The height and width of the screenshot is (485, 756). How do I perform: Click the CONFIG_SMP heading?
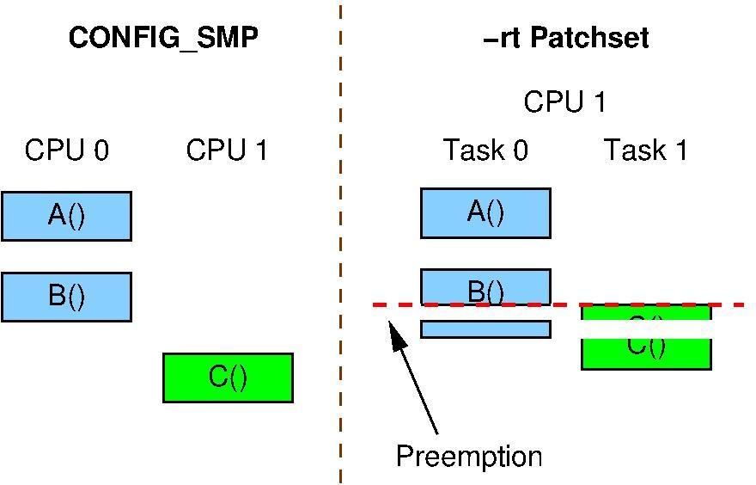point(163,38)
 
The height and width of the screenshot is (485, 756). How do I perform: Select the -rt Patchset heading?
point(566,38)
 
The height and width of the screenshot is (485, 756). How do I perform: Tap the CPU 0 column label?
point(67,150)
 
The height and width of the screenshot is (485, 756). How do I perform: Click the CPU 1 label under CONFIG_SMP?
point(227,150)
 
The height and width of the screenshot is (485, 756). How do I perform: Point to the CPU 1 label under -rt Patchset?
point(564,102)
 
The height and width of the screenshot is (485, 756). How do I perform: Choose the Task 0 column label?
point(485,150)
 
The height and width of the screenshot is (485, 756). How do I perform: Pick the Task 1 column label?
point(646,150)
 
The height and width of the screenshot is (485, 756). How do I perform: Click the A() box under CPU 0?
point(66,216)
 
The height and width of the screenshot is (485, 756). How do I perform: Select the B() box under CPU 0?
point(66,297)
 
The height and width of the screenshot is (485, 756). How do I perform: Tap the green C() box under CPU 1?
point(228,378)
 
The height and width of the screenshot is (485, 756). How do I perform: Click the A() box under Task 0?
point(485,212)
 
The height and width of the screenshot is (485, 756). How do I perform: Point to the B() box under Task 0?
point(485,287)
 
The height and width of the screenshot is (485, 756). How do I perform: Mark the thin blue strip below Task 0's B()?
point(485,329)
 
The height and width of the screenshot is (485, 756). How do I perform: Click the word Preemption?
point(469,456)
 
